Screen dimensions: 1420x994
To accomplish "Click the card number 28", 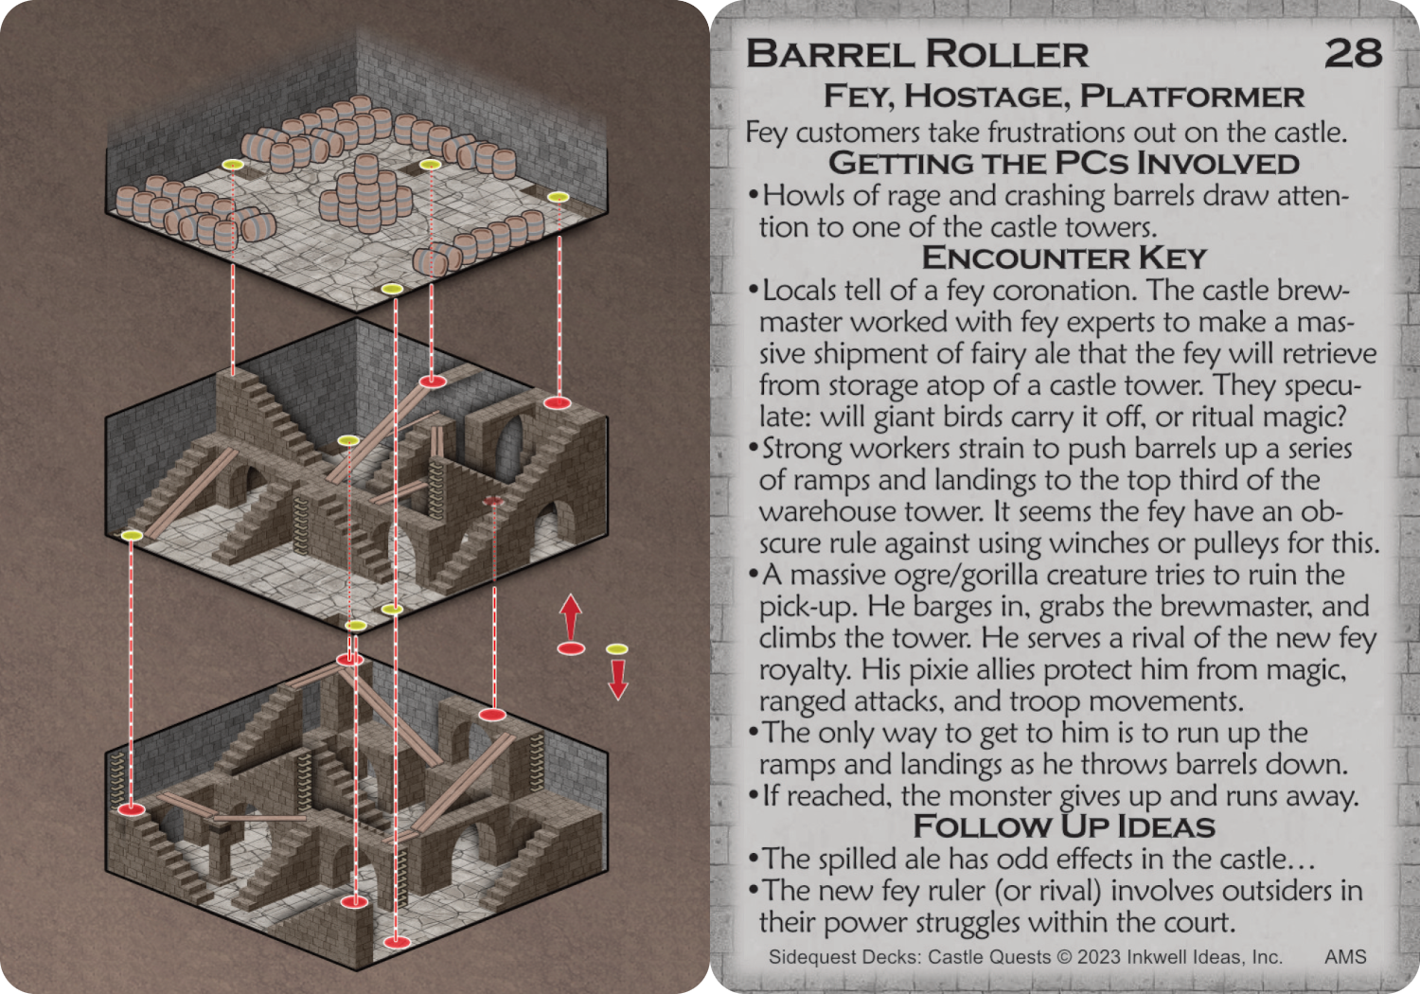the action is [1353, 53].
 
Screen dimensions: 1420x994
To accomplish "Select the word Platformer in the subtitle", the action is [1192, 97].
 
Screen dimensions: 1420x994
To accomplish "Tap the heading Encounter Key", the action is [1064, 258].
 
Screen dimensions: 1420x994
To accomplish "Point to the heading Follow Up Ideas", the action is [1064, 826].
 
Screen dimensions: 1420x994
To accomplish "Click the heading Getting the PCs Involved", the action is [1064, 164].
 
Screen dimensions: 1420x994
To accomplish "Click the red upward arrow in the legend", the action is [571, 616].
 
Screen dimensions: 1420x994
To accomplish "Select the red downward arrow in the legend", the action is [617, 680].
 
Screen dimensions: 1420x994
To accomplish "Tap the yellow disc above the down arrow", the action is [617, 649].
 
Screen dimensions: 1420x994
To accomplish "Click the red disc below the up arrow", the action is [571, 648].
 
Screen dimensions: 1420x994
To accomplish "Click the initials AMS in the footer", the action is [1345, 956].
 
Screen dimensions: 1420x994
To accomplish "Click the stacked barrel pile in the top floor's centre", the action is [365, 192].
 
